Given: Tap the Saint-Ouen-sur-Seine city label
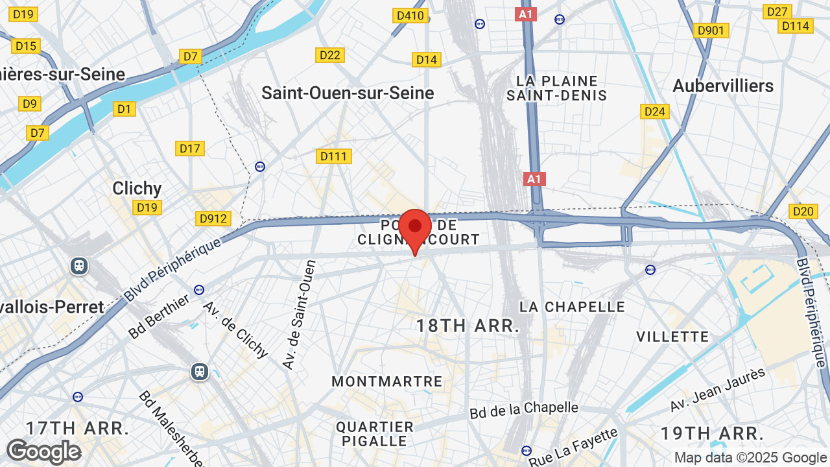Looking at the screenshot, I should tap(348, 93).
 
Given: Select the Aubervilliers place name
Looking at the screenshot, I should tap(723, 86).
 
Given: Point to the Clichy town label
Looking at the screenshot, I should tap(137, 189).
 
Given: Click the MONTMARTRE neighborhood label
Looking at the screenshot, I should tap(387, 382).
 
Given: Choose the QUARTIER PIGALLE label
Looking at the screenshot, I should tap(375, 434).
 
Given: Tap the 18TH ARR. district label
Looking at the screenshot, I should tap(468, 326).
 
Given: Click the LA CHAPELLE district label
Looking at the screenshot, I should tap(573, 307).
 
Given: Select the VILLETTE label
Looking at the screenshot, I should tap(672, 337).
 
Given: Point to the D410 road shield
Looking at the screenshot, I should tap(410, 16).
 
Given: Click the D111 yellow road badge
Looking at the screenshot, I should tap(335, 156).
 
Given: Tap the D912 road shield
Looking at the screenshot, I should tap(213, 219).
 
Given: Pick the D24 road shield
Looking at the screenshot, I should tap(655, 112).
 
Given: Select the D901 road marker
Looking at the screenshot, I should tap(711, 30).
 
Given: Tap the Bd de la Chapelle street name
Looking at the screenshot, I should tap(524, 410).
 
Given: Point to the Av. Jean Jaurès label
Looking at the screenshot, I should tap(718, 389).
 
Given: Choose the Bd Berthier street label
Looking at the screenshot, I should tap(158, 317).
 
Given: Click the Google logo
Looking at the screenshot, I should tap(43, 452).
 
